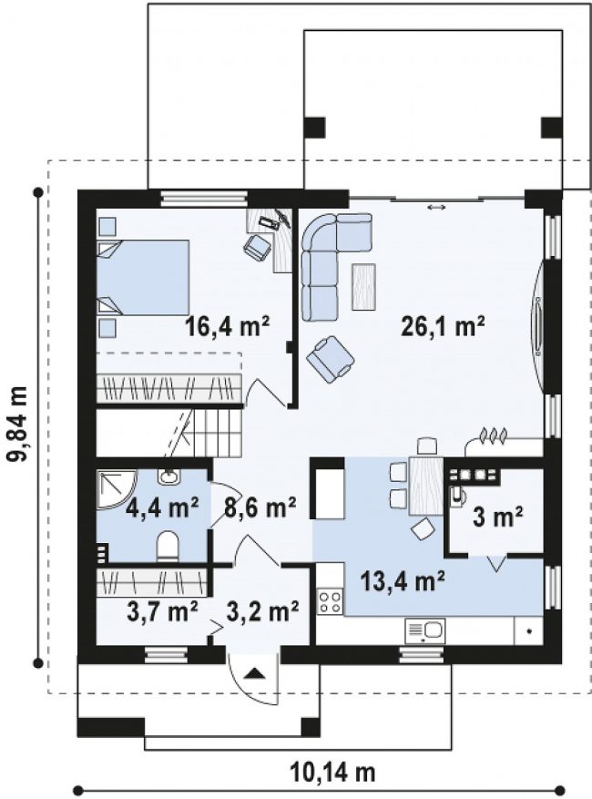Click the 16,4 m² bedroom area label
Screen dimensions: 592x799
(227, 326)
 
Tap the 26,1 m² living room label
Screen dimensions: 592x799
(443, 326)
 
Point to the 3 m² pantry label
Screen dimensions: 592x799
(498, 517)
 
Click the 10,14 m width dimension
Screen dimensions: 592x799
(333, 772)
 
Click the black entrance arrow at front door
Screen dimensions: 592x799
(255, 675)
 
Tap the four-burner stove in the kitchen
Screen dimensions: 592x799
(330, 601)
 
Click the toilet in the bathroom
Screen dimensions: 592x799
(167, 547)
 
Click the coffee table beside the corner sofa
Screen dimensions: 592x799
(363, 286)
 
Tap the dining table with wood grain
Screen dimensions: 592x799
(426, 486)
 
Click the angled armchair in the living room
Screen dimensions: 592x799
(330, 359)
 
